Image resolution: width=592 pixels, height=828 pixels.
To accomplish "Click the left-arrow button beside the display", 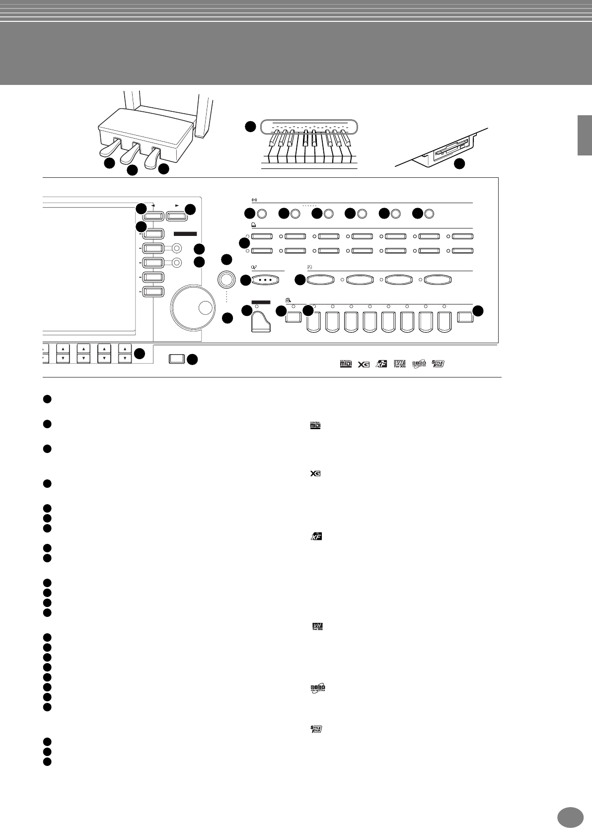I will click(153, 216).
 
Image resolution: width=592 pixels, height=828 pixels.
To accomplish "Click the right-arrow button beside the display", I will click(176, 216).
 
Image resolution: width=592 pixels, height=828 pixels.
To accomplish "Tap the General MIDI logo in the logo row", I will click(345, 364).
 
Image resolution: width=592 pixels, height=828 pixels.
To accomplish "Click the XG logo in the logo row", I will click(364, 364).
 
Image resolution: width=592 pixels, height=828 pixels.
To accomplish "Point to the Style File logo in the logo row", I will click(438, 364).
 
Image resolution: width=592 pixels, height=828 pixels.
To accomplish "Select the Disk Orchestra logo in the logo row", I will click(419, 364).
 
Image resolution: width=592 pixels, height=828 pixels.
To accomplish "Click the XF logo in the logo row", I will click(381, 364).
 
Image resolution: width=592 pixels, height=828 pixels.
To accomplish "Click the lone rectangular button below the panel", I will click(177, 358).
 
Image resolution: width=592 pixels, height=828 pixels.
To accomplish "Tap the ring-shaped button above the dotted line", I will click(226, 280).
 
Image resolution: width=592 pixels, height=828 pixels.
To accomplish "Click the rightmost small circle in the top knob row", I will click(429, 214).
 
